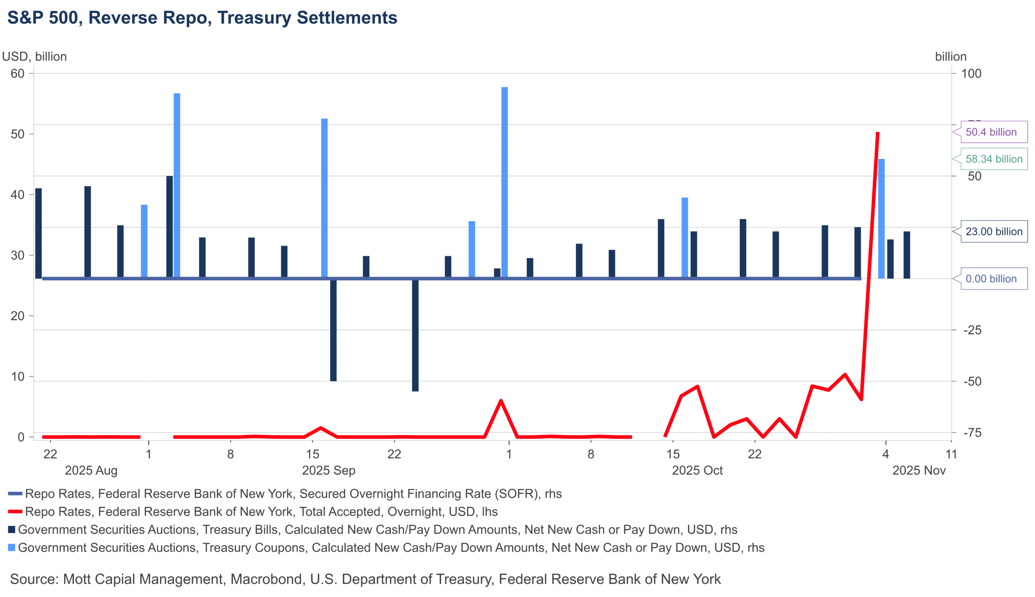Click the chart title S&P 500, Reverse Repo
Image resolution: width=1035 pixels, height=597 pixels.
202,18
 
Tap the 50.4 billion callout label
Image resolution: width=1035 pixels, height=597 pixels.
993,132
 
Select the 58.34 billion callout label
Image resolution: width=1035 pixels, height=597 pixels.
993,159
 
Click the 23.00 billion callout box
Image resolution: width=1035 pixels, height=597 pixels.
993,232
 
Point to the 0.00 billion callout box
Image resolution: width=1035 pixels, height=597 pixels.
993,279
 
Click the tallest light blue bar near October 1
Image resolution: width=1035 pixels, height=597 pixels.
505,182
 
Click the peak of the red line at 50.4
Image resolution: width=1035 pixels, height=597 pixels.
878,133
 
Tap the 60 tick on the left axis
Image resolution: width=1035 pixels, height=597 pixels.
17,74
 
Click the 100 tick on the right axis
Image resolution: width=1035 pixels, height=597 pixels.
971,74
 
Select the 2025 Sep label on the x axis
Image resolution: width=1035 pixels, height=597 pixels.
328,470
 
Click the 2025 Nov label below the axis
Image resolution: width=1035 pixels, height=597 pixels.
919,470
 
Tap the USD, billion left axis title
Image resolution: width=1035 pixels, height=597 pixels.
34,57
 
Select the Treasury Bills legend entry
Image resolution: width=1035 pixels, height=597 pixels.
377,530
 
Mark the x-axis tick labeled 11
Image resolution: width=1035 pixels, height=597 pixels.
951,454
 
